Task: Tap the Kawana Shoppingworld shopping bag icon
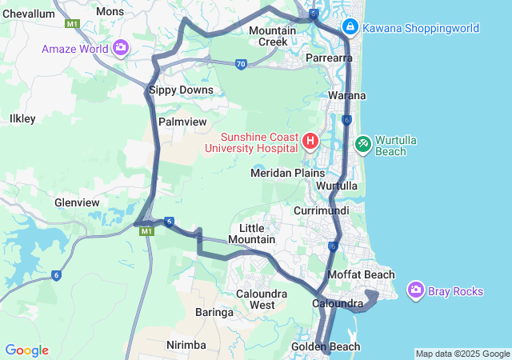coord(350,28)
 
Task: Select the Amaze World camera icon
coord(121,48)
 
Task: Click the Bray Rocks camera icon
coord(415,290)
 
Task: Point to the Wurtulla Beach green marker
coord(363,144)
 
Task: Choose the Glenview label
coord(76,203)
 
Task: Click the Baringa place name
coord(214,313)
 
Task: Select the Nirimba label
coord(186,345)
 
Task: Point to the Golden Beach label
coord(348,346)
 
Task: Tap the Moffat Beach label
coord(362,275)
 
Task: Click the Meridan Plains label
coord(288,173)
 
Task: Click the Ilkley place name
coord(22,118)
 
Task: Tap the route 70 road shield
coord(240,65)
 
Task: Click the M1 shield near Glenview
coord(146,231)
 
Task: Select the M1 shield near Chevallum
coord(73,24)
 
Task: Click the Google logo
coord(27,350)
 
